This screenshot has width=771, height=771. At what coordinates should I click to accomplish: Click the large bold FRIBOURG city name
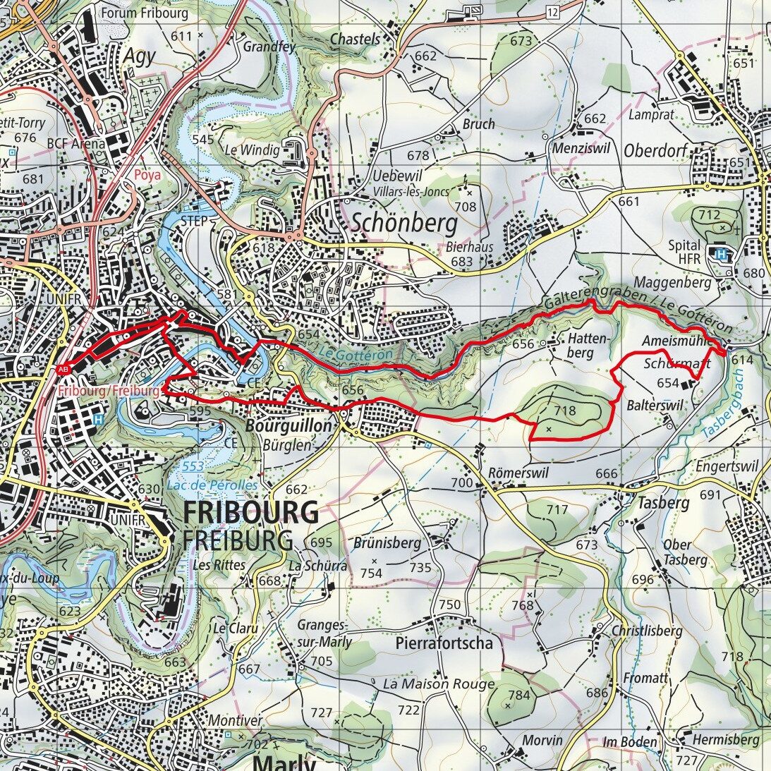coord(251,512)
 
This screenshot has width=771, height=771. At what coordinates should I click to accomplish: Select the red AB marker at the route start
coord(63,369)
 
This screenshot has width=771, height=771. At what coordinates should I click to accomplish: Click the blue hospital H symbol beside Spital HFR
coord(720,255)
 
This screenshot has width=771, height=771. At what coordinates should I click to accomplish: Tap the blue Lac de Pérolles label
coord(212,485)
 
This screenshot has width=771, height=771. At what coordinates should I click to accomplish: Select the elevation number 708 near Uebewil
coord(466,207)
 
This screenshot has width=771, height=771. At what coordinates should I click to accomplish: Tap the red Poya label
coord(148,174)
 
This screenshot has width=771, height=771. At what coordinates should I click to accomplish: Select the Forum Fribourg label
coord(145,13)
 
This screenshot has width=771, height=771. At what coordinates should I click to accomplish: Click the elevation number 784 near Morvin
coord(518,695)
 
